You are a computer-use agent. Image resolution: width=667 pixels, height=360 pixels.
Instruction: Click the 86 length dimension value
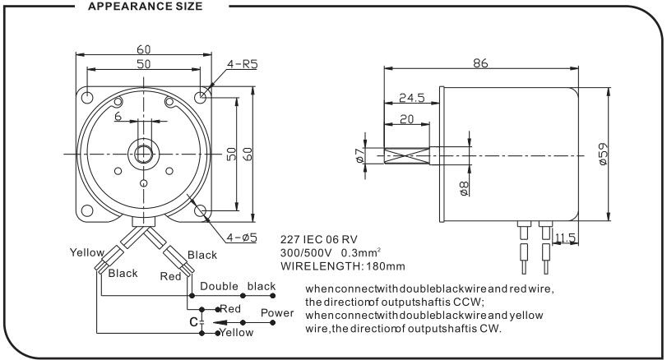point(480,63)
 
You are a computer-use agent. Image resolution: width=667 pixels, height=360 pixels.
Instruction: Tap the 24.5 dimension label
point(412,98)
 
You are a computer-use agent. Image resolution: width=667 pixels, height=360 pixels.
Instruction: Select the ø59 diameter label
point(603,154)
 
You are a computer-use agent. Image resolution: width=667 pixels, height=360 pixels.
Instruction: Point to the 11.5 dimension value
point(565,238)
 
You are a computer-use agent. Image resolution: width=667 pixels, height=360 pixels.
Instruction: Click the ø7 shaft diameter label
point(359,155)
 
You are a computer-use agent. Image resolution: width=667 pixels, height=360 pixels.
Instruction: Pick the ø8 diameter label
point(464,188)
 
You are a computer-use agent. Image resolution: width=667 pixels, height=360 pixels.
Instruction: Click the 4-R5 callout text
point(242,64)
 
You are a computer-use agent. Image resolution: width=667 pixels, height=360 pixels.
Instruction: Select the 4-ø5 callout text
point(242,238)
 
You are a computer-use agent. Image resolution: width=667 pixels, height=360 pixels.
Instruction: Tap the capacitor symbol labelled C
point(201,321)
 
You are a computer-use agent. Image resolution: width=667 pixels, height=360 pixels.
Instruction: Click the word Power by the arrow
point(277,313)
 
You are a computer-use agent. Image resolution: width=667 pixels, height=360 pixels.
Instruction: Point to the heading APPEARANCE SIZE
point(145,7)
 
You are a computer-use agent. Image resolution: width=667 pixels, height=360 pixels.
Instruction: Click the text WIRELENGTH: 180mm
point(342,266)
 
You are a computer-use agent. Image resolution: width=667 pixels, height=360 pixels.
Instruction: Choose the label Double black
point(238,286)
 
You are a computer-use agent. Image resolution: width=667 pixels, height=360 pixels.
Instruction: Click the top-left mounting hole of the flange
point(87,97)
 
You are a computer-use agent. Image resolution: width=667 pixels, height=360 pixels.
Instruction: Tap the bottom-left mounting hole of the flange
point(87,210)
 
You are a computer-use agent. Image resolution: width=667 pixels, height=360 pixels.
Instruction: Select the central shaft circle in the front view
point(144,154)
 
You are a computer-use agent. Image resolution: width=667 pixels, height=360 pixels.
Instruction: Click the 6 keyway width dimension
point(118,116)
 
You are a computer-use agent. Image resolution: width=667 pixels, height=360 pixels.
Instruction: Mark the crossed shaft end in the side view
point(406,155)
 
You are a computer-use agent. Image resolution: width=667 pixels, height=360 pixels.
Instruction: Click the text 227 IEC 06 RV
point(318,239)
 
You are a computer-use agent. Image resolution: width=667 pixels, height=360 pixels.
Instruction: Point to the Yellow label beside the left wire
point(87,252)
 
